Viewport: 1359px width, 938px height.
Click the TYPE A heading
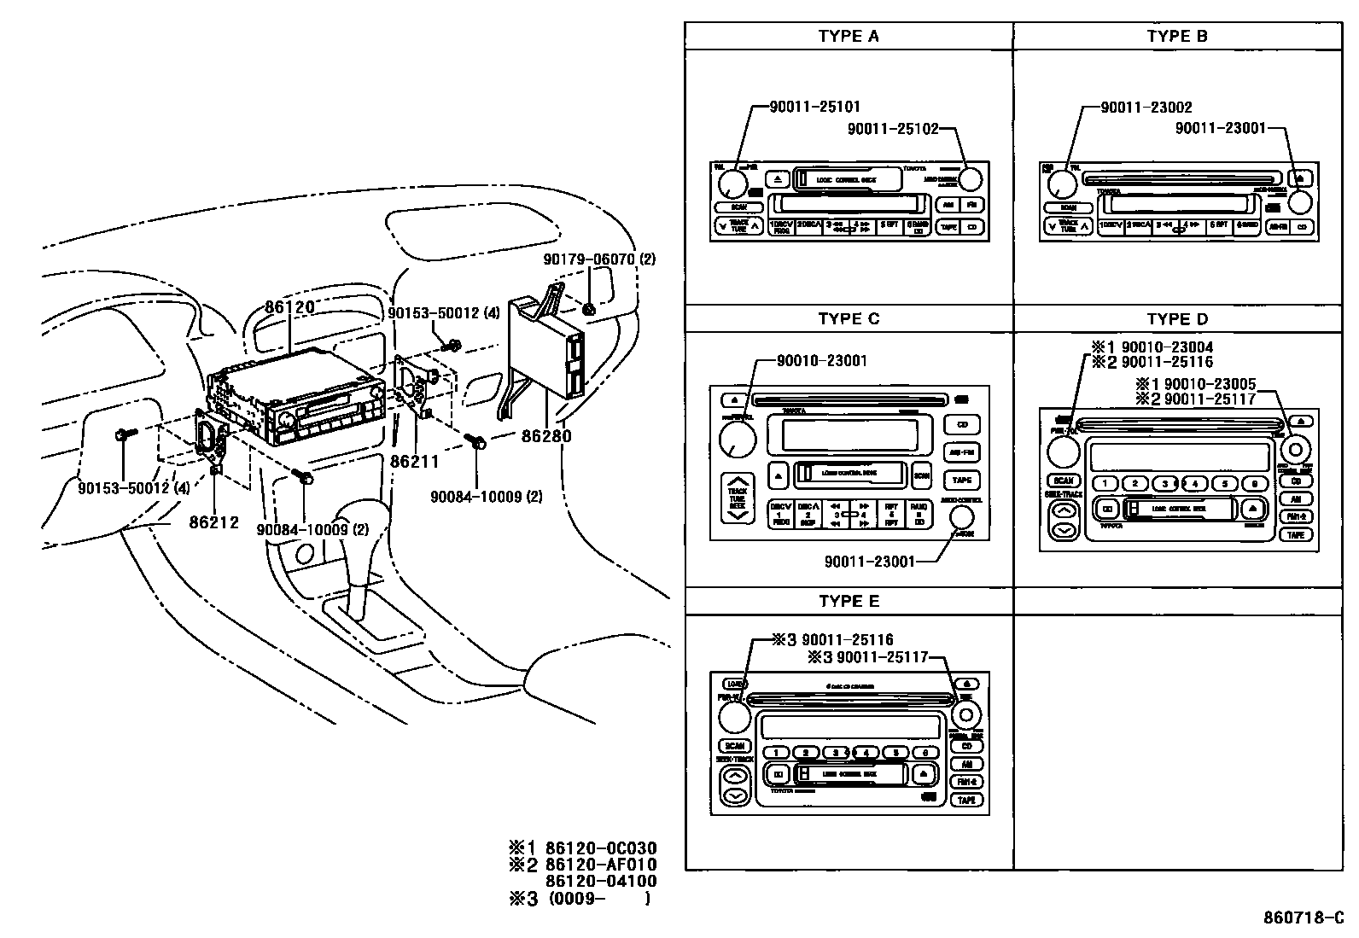848,36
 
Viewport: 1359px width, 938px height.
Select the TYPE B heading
1177,36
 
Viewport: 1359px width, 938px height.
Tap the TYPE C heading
848,318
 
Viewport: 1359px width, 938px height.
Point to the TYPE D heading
1177,318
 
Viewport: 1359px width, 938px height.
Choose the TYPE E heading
848,601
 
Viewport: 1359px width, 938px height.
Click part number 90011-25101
814,107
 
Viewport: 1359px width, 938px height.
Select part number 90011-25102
892,129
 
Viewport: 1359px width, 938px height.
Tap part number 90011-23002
1146,107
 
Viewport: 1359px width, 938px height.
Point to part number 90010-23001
821,360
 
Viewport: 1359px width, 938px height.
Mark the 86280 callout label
546,436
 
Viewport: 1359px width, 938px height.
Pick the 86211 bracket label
414,461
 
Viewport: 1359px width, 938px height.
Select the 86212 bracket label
213,522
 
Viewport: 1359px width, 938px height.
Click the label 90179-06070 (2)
599,259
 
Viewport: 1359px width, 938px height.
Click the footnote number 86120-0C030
602,848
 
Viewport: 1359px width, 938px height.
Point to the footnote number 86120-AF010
602,865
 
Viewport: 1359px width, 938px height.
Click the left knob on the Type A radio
732,184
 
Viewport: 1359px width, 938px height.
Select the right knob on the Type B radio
1300,202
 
